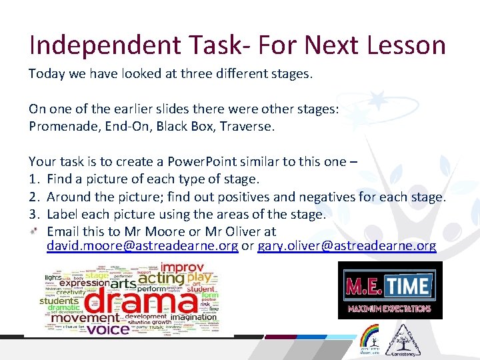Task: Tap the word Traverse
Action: point(247,126)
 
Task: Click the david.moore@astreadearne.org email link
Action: point(142,246)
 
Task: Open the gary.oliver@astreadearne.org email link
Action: point(347,246)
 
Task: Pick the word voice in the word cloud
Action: point(108,329)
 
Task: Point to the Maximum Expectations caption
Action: point(390,309)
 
